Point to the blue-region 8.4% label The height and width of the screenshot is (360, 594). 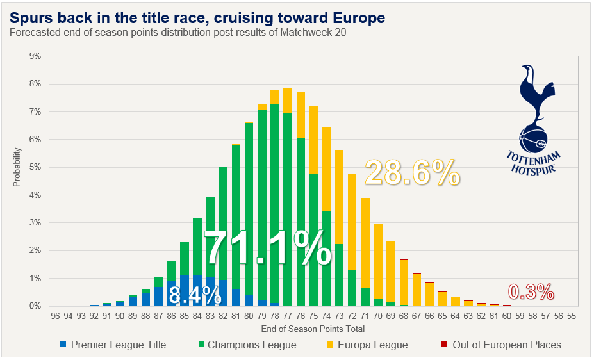point(195,295)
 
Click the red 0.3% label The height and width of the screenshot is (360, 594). point(531,292)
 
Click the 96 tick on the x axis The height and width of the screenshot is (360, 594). point(56,316)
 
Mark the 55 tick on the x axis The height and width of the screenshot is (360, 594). point(571,316)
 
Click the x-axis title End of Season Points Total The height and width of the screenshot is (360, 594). point(313,329)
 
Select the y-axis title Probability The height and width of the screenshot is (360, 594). point(17,168)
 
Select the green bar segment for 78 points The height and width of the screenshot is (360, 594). point(275,205)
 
